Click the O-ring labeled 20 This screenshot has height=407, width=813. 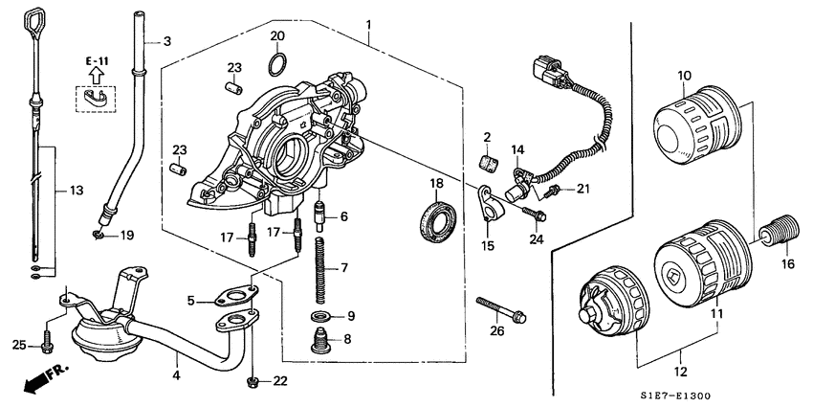click(x=276, y=64)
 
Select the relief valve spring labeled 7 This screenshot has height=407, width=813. click(x=321, y=269)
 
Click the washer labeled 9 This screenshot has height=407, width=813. click(x=319, y=316)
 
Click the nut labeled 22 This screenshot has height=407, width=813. click(x=253, y=382)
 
